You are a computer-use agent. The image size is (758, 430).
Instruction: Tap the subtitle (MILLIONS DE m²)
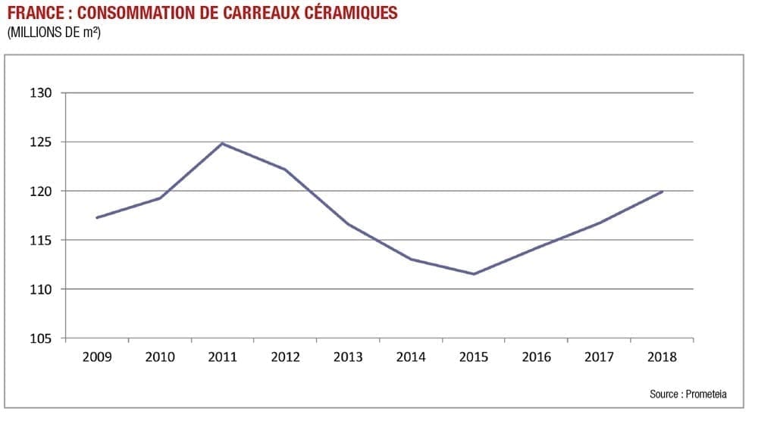[54, 33]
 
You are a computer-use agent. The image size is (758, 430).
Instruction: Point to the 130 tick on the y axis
[41, 93]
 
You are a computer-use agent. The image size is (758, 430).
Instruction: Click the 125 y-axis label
[41, 142]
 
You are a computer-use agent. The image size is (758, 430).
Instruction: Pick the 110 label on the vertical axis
[41, 289]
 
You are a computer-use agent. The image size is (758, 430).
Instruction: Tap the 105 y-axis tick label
[41, 338]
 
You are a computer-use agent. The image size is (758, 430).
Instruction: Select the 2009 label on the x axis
[96, 357]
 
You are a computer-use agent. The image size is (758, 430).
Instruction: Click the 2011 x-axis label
[222, 357]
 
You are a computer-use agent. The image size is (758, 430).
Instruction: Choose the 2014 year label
[411, 357]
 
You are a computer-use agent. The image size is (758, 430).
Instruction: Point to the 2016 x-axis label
[537, 357]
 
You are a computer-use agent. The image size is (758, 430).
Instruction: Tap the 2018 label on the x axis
[662, 357]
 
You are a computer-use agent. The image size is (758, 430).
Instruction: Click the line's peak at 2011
[222, 143]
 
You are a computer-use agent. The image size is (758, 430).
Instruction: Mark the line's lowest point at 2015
[474, 274]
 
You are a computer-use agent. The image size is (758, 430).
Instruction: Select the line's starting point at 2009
[96, 217]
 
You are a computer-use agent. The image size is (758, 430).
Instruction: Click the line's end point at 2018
[662, 192]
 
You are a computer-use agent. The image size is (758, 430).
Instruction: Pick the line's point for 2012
[285, 169]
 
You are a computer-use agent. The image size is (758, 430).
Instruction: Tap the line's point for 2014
[411, 259]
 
